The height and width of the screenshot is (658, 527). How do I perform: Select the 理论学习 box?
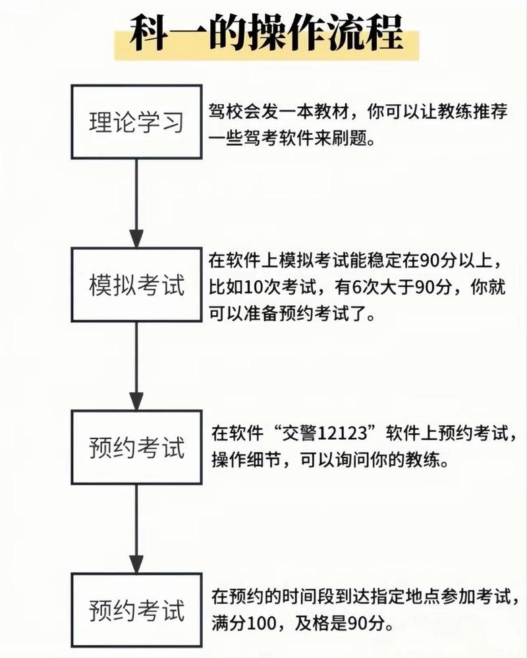click(136, 122)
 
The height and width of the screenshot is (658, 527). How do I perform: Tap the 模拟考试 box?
click(136, 285)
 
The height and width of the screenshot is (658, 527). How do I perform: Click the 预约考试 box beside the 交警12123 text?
click(136, 448)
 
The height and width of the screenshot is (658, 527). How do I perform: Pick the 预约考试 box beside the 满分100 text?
click(136, 611)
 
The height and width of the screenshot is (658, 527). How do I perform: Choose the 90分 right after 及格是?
click(369, 622)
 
